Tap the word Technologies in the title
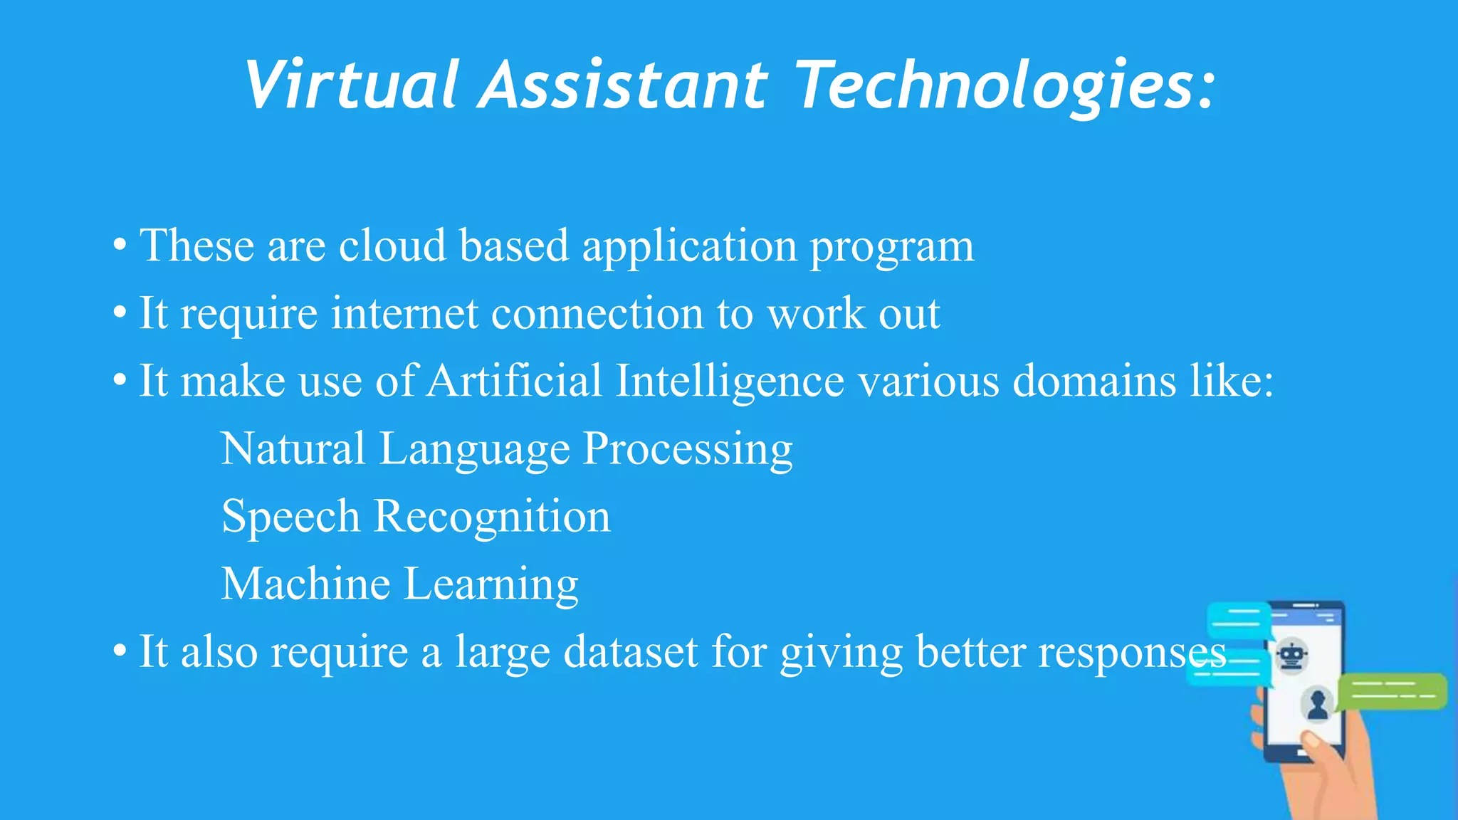tap(1004, 85)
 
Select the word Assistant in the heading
tap(623, 85)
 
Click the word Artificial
tap(515, 380)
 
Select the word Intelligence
tap(729, 380)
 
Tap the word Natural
tap(293, 448)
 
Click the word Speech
tap(290, 517)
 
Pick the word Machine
tap(305, 584)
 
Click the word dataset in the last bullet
tap(631, 651)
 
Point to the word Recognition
tap(492, 517)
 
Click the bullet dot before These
tap(120, 246)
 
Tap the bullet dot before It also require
tap(120, 651)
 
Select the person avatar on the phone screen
tap(1317, 703)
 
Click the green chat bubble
tap(1392, 691)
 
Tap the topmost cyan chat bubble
tap(1239, 619)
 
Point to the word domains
tap(1093, 380)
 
